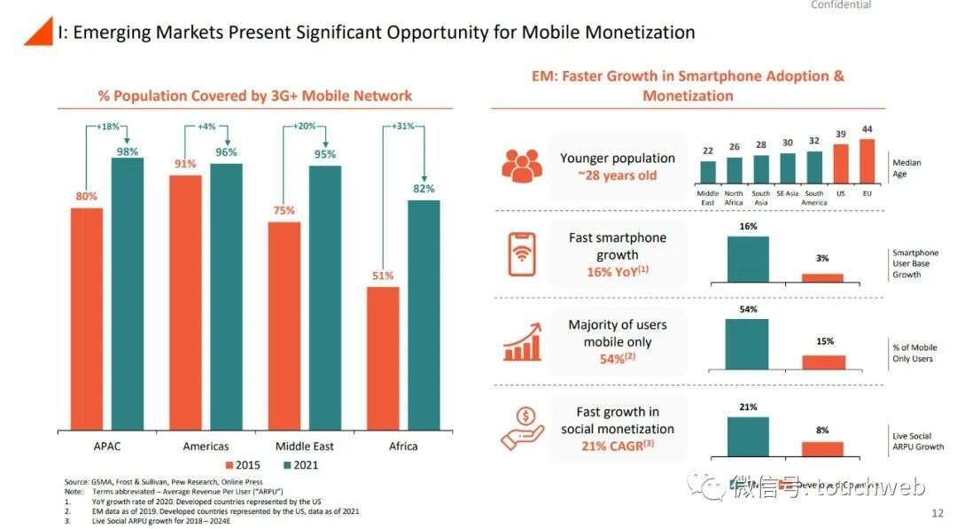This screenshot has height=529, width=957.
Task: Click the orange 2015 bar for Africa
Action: (x=383, y=358)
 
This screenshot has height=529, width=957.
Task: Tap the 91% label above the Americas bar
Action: (x=185, y=164)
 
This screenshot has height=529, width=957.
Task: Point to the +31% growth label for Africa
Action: (x=403, y=126)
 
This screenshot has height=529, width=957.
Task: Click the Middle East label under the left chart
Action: (x=304, y=446)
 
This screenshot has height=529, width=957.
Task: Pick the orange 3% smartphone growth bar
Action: (x=823, y=277)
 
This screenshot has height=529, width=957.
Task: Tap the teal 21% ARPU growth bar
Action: (x=747, y=435)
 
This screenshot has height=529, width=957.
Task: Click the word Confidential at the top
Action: (x=841, y=5)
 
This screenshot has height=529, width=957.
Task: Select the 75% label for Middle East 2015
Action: (x=284, y=210)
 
